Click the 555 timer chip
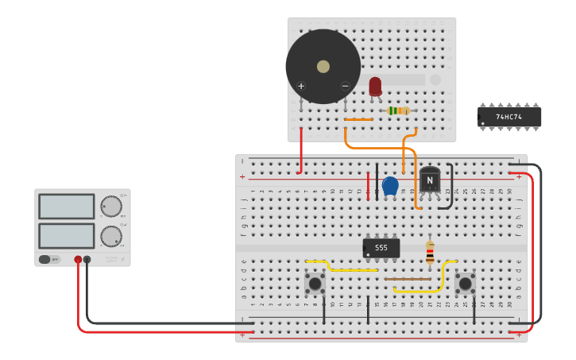coord(381,248)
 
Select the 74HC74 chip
coord(509,117)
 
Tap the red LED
coord(375,86)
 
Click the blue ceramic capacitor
coord(390,185)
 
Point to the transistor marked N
coord(430,180)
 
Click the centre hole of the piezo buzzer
coord(323,67)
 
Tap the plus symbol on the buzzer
coord(301,86)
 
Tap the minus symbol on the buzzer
coord(345,86)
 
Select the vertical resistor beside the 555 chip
coord(430,253)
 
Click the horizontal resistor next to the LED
coord(398,110)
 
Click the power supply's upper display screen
coord(67,207)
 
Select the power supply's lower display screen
coord(67,235)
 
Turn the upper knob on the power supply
coord(111,207)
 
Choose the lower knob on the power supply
coord(111,236)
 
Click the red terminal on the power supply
coord(78,259)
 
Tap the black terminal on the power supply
coord(87,259)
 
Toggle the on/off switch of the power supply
coord(49,259)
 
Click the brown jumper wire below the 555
coord(408,279)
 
